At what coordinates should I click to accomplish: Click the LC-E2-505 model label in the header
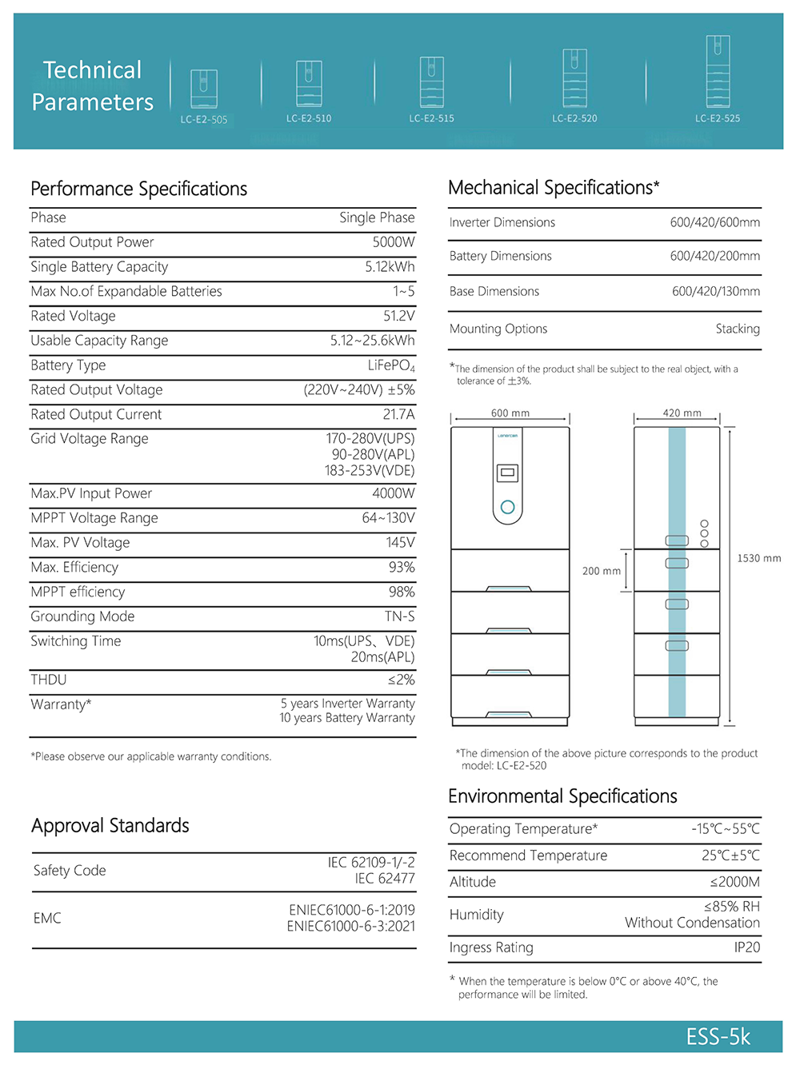pos(204,120)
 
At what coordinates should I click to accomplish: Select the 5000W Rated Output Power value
pos(394,242)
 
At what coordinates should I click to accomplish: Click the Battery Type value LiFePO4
pos(391,365)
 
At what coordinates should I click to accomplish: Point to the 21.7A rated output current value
pos(398,414)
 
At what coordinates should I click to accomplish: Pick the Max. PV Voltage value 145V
pos(400,543)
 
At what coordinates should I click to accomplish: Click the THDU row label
pos(49,680)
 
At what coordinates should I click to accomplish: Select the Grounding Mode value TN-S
pos(399,616)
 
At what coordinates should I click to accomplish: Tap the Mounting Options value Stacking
pos(738,329)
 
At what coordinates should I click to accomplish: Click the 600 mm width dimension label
pos(510,413)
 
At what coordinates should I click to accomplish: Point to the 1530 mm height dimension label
pos(759,558)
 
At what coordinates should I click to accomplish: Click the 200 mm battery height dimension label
pos(602,571)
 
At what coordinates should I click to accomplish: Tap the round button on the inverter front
pos(507,507)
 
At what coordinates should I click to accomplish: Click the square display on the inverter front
pos(507,473)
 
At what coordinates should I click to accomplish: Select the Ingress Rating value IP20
pos(747,947)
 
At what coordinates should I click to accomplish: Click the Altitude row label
pos(473,882)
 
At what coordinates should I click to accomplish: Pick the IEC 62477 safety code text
pos(385,879)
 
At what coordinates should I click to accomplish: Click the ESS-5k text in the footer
pos(718,1037)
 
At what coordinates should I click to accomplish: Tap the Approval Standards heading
pos(110,826)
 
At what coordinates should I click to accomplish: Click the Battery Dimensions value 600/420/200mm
pos(715,256)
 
